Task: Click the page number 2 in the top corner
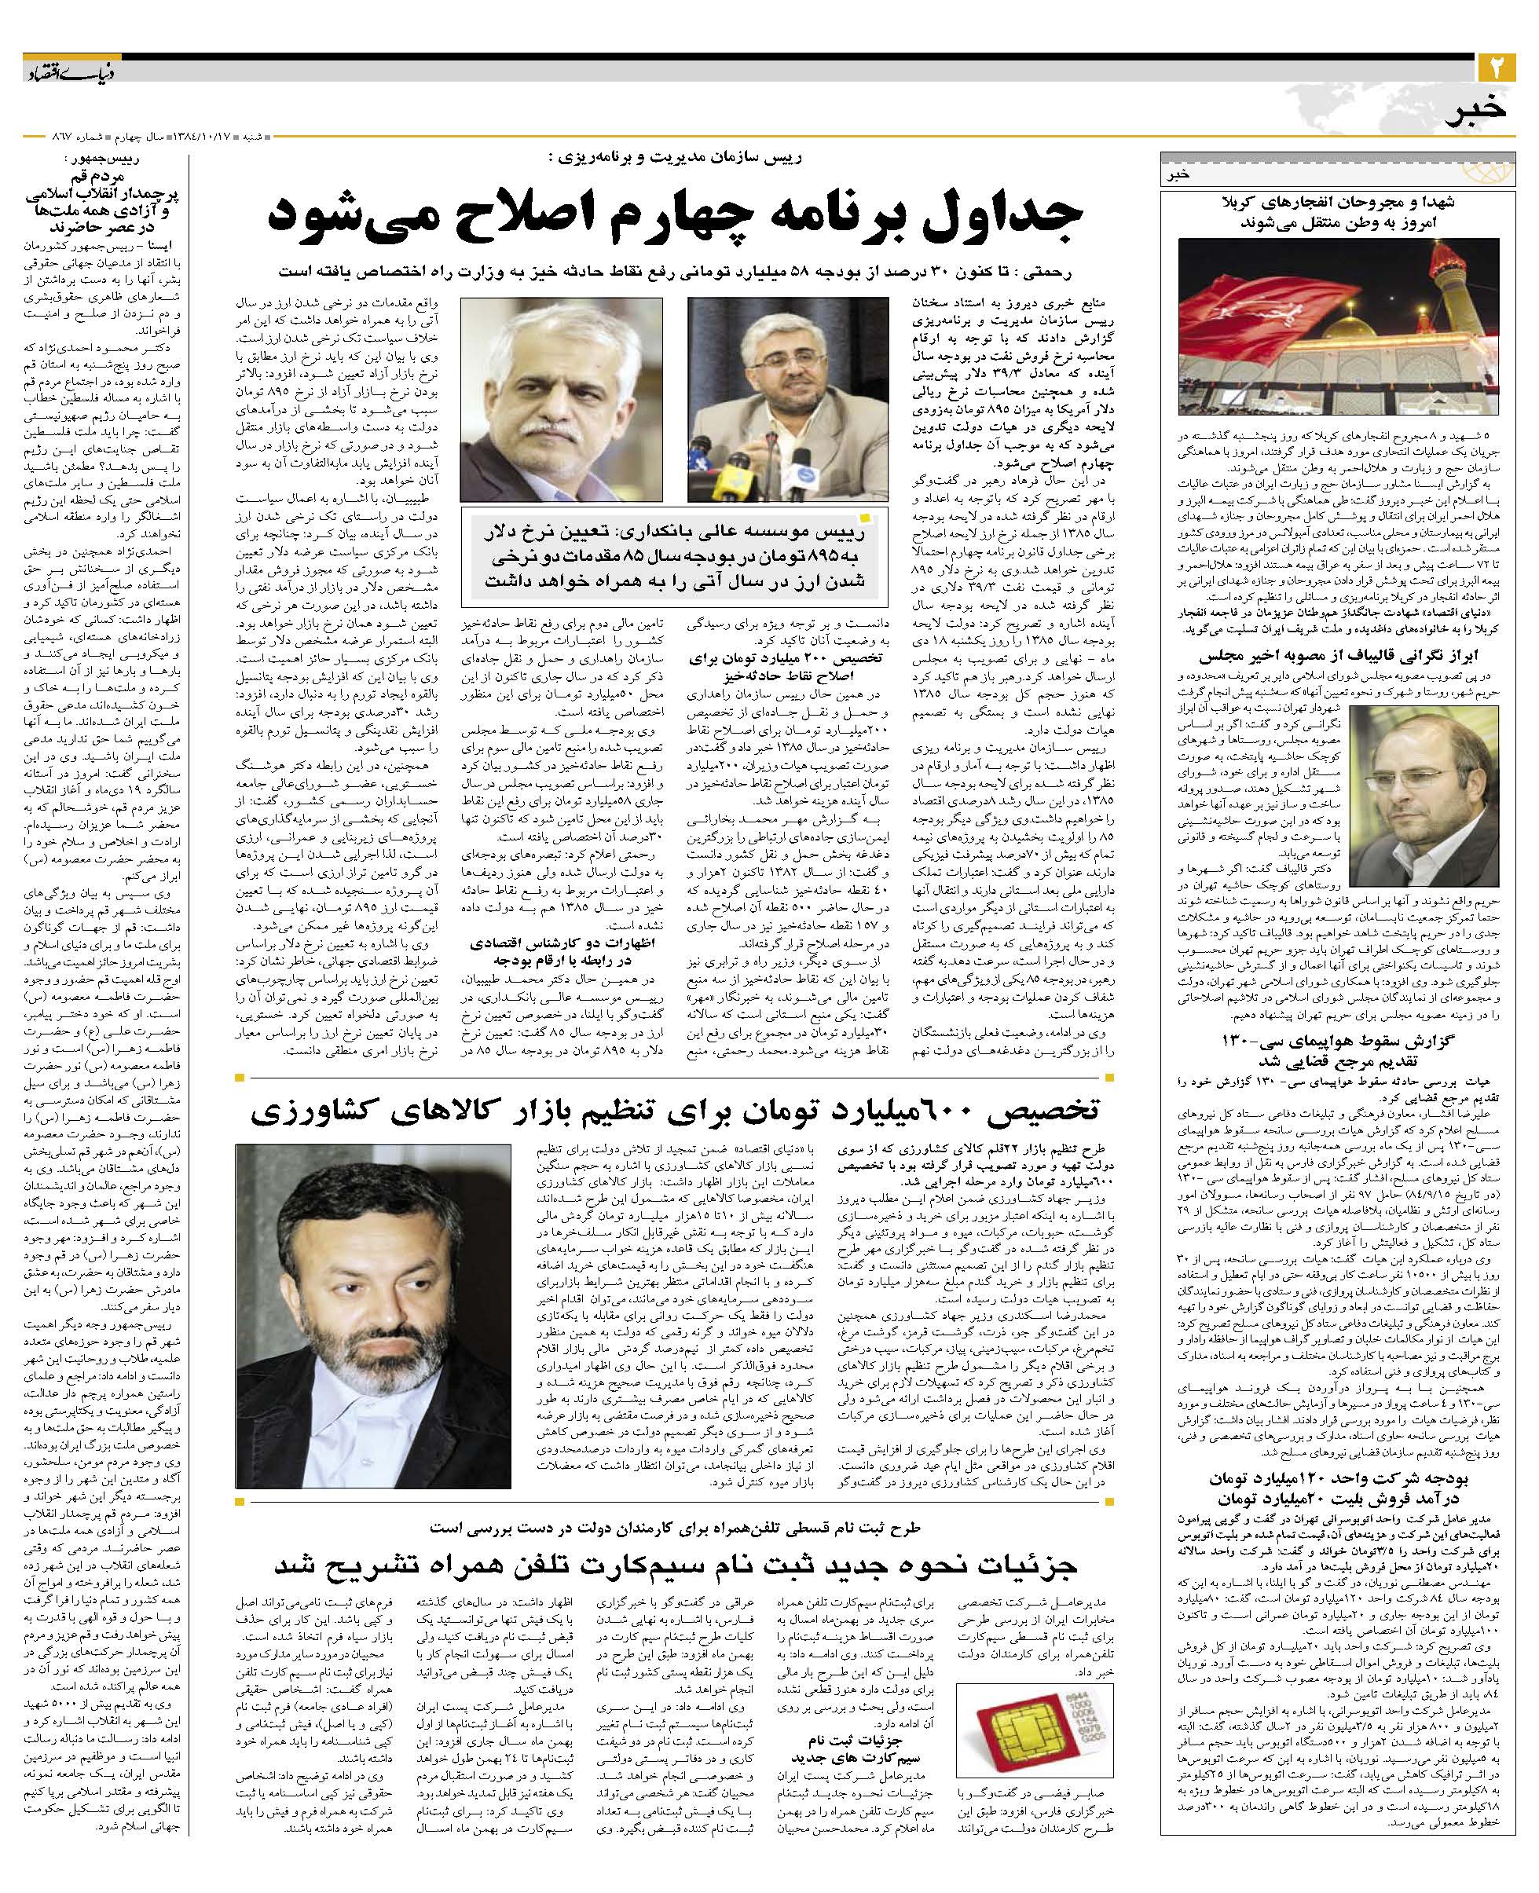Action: (1499, 68)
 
